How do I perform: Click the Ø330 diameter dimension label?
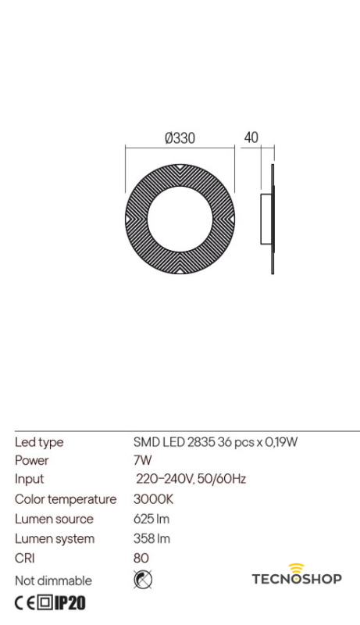180,138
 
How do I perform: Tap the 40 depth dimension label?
251,137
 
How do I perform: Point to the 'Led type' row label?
39,442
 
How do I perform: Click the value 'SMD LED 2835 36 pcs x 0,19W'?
216,442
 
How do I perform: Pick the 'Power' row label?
31,461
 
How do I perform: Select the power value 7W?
142,461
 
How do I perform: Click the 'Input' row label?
30,479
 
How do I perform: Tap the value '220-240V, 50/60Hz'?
191,479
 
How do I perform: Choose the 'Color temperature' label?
66,499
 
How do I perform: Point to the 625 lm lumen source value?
151,519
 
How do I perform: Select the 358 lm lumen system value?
151,538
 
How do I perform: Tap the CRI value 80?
141,558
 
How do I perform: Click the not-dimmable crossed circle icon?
143,579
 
